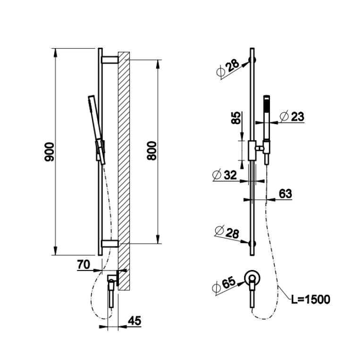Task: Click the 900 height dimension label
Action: [49, 152]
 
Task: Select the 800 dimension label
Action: [152, 151]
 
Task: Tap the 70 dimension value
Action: [84, 265]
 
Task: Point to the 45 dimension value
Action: [135, 320]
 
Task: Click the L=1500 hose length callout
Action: [311, 299]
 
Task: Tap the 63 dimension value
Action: [286, 194]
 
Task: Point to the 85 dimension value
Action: [236, 118]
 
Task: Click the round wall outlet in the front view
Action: [253, 278]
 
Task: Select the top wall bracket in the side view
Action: [110, 59]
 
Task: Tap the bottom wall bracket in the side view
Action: [110, 244]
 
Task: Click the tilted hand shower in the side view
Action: [97, 129]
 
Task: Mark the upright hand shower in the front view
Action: [267, 129]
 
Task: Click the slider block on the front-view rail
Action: [252, 150]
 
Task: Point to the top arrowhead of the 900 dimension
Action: [55, 53]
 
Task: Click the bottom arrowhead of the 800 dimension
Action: [158, 239]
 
